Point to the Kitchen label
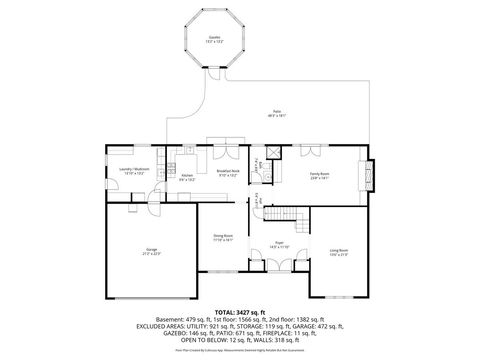tap(186, 176)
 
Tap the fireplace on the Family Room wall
tap(371, 175)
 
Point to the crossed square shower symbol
tap(271, 154)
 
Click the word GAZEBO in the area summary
tap(161, 332)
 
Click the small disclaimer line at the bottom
tap(239, 350)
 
